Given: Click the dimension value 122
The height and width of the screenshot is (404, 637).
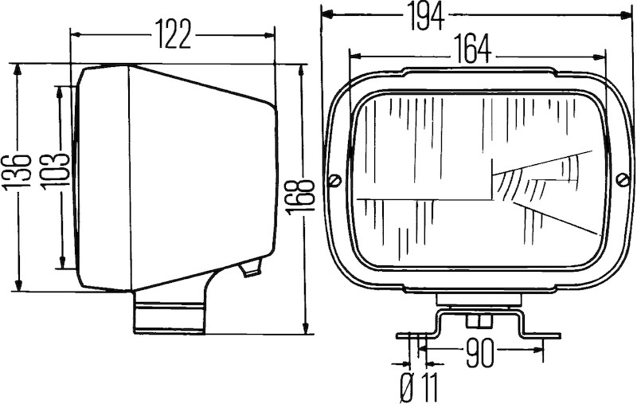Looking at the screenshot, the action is [173, 34].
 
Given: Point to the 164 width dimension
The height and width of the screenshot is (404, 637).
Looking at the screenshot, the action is [472, 49].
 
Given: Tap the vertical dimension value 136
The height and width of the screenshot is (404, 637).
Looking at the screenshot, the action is [17, 171].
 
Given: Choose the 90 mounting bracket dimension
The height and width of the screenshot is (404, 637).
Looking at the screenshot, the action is [480, 353].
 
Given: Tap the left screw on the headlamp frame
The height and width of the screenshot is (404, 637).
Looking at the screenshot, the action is [334, 179].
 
